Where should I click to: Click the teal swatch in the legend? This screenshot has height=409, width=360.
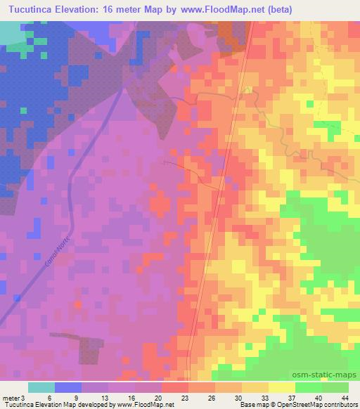[41, 387]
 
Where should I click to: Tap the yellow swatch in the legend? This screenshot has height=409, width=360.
[282, 387]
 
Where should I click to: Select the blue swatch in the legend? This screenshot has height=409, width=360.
[68, 387]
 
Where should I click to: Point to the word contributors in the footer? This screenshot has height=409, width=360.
[335, 405]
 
